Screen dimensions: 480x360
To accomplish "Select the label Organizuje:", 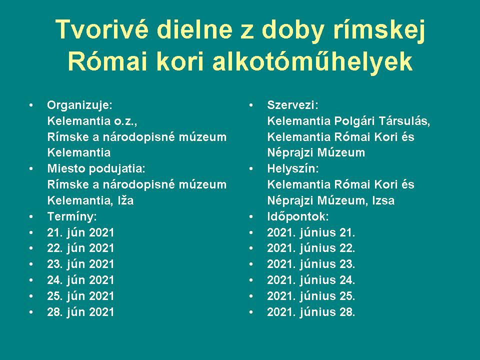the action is [x=80, y=105].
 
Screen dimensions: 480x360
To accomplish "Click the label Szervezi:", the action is [x=292, y=105].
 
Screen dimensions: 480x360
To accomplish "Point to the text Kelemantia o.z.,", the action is [x=92, y=121].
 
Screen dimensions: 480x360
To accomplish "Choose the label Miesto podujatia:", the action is [x=96, y=169].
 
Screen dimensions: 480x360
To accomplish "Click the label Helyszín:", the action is [x=293, y=169].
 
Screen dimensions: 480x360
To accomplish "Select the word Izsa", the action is [x=383, y=201].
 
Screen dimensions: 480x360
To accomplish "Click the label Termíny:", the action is [x=72, y=216].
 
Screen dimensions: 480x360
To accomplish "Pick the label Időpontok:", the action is [x=298, y=216].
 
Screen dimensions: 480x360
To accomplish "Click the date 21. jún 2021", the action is [x=80, y=232].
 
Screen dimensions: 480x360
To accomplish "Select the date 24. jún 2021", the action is [x=80, y=280].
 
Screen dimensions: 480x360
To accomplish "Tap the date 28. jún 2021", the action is [x=80, y=312].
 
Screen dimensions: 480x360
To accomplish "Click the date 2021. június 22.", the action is [x=311, y=248].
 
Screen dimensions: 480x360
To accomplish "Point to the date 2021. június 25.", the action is [x=311, y=296].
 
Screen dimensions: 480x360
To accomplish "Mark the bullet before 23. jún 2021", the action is [x=31, y=264].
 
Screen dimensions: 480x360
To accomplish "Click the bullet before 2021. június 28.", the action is [x=251, y=312].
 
